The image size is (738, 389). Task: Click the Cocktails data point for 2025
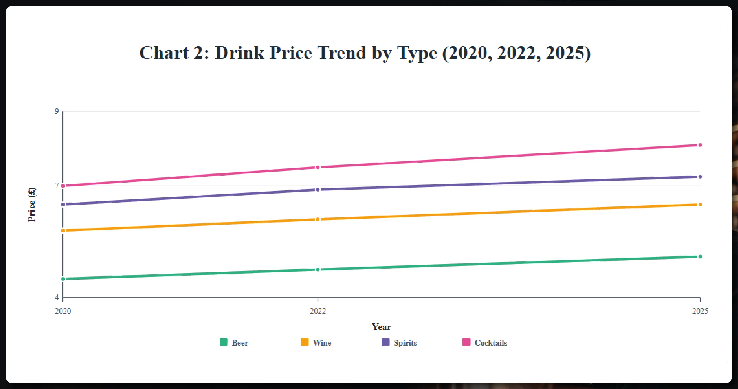(x=700, y=145)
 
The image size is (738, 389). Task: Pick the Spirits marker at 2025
(x=700, y=177)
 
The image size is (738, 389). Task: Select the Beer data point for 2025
(x=700, y=256)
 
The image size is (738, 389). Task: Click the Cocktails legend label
(x=490, y=343)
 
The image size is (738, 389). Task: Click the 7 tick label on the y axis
(x=57, y=186)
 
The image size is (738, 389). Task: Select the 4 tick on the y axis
(x=57, y=297)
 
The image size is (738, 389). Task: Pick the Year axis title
(x=381, y=327)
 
